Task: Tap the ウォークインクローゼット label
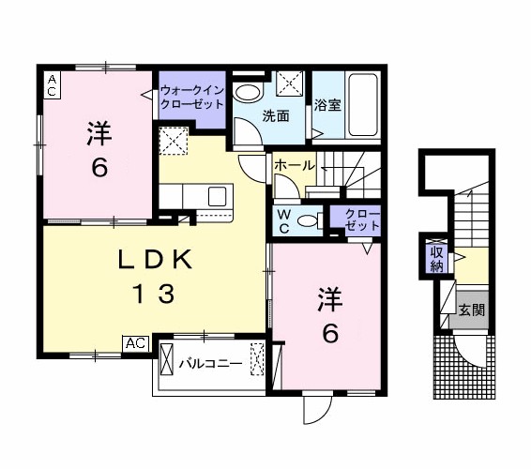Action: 191,98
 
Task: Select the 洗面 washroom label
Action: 275,116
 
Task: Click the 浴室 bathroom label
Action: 327,105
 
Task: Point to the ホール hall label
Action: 294,165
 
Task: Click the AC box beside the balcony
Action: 136,344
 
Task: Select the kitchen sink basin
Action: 217,196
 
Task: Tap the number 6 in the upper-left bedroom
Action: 98,167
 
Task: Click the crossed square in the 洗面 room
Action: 290,83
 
